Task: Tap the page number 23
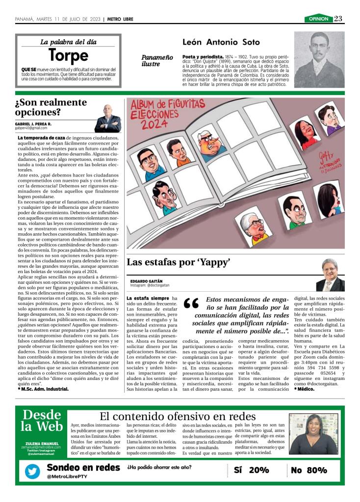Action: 338,19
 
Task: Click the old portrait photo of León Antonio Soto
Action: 319,59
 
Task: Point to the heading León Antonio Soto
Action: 221,43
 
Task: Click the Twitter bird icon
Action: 33,471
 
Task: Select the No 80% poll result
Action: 309,470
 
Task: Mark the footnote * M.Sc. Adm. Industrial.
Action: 43,389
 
